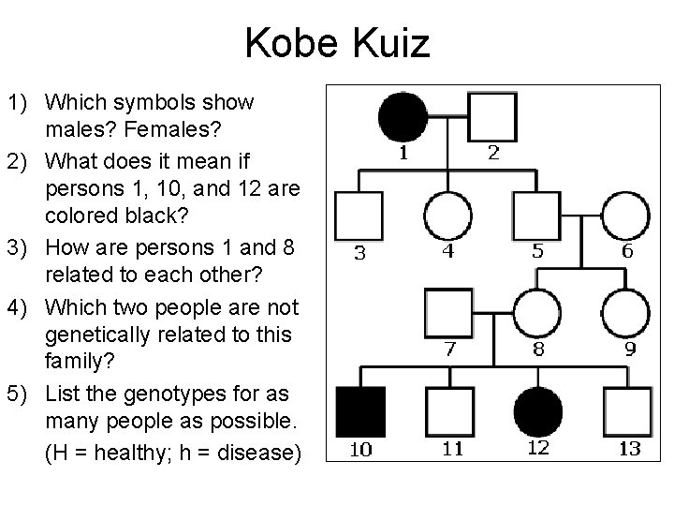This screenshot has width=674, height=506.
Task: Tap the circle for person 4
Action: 447,215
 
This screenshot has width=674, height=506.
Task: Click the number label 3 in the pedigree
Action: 360,252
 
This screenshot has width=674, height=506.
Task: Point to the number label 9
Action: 630,350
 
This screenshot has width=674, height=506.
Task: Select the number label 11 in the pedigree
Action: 452,449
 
